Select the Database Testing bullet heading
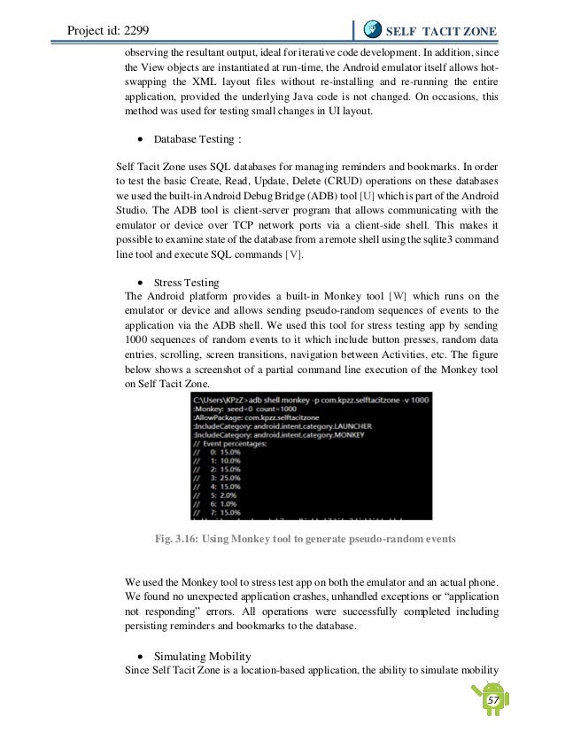[197, 139]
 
